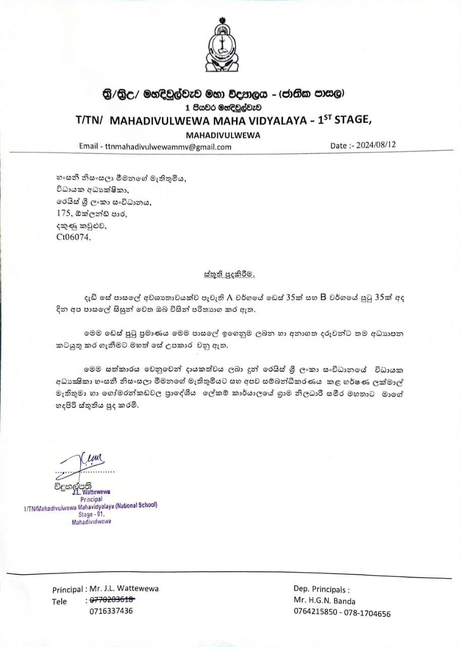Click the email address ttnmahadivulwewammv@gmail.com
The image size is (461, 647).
[x=168, y=147]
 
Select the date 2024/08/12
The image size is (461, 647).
[x=376, y=145]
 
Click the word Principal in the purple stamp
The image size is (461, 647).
[x=91, y=498]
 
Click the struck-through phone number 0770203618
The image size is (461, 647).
[x=112, y=600]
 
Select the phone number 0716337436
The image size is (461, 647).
[x=111, y=611]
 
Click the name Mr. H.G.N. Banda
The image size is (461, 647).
[x=325, y=601]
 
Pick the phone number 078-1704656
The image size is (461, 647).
[x=368, y=613]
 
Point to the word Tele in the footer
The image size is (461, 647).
[x=59, y=601]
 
